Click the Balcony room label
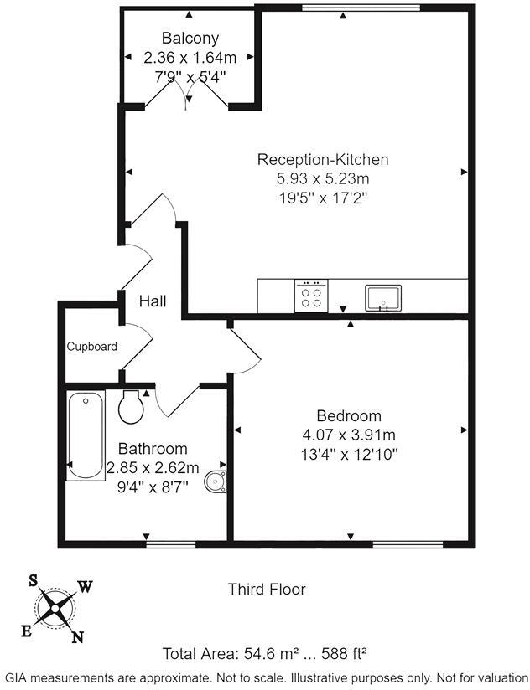coord(190,38)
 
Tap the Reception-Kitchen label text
coord(322,159)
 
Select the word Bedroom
coord(349,415)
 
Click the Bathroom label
coord(153,449)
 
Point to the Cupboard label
coord(92,346)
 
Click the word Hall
coord(153,301)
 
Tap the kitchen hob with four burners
coord(312,296)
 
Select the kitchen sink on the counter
coord(383,296)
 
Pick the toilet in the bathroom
coord(132,406)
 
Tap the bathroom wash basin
coord(217,482)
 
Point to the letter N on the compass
coord(77,638)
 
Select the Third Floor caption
coord(267,590)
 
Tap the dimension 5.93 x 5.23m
coord(323,178)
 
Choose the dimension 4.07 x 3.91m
coord(349,435)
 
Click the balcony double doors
coord(189,97)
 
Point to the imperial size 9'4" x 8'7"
coord(153,486)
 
